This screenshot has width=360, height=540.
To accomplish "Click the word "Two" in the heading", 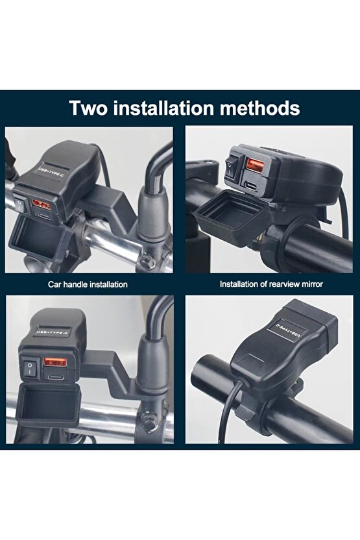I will tap(91, 107).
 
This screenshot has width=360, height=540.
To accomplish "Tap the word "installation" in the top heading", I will tap(171, 107).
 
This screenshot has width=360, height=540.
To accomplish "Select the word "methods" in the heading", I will tap(263, 107).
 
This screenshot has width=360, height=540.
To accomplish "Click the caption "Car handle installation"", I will tap(88, 284).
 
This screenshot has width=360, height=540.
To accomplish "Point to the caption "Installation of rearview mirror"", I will tap(270, 284).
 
